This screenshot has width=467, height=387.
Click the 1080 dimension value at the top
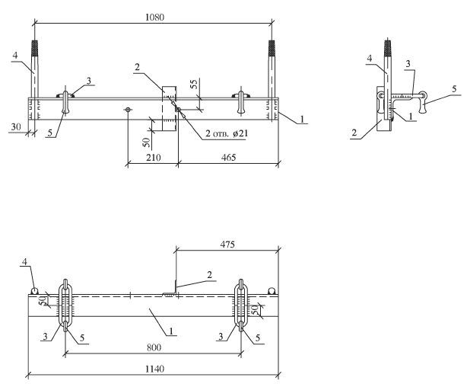pos(152,15)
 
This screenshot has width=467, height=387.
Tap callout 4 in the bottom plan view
pos(24,264)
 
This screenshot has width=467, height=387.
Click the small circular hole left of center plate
pos(128,110)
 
